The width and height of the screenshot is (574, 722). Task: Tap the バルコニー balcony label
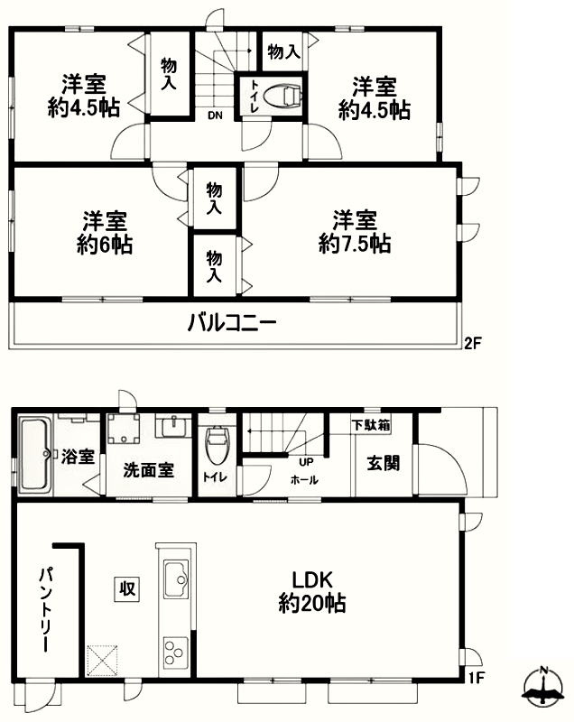pos(232,323)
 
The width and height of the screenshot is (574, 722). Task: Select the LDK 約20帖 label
pos(312,591)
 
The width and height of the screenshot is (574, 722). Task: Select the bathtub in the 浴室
pos(35,455)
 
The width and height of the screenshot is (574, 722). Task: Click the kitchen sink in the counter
pos(176,579)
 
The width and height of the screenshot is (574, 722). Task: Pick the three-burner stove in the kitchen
pos(176,652)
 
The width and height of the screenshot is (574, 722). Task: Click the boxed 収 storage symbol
pos(126,588)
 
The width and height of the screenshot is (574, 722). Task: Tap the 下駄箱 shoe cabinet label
pos(371,424)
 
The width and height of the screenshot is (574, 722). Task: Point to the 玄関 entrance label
pos(383,463)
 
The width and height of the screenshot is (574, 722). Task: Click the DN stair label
pos(215,116)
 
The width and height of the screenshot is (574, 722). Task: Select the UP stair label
pos(306,462)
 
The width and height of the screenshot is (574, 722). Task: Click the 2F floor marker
pos(472,344)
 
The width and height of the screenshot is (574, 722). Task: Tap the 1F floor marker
pos(477,678)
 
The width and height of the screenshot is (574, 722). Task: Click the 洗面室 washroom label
pos(148,469)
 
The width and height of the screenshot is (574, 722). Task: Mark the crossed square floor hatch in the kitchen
pos(102,661)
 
